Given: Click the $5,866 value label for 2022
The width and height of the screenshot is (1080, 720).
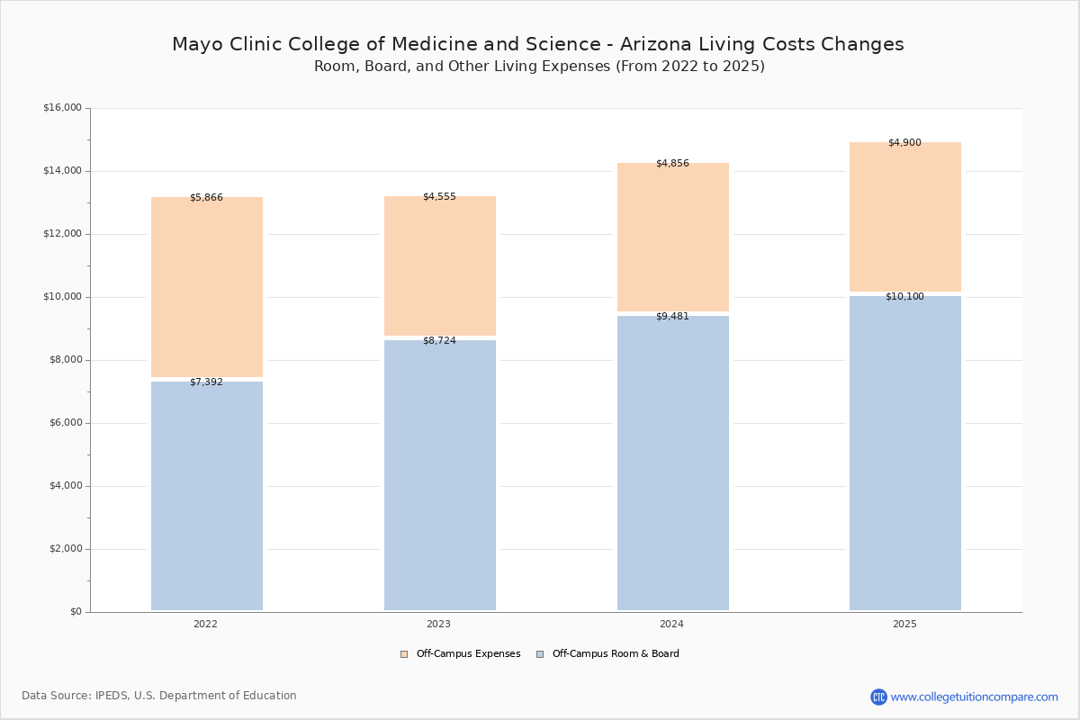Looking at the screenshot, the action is (206, 197).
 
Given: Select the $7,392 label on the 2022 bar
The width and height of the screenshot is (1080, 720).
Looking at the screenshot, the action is (206, 382).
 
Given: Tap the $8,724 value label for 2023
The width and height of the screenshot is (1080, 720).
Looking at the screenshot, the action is (439, 340).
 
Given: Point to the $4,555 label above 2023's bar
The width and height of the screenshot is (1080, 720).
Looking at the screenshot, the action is (439, 196).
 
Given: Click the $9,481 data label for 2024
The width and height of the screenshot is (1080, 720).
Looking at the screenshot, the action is (672, 317).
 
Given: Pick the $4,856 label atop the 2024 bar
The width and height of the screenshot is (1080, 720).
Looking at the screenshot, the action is (672, 163).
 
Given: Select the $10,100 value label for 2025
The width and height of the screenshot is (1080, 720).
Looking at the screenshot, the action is (905, 297).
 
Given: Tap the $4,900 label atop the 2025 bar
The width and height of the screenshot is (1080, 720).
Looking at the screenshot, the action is (905, 142).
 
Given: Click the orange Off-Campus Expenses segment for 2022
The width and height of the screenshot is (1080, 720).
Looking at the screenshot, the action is (207, 287).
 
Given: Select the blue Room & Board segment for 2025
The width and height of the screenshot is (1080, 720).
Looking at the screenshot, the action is (905, 454).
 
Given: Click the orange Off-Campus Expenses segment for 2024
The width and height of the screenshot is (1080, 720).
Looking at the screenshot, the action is (673, 237).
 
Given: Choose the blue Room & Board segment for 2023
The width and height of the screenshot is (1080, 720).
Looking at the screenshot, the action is (440, 475).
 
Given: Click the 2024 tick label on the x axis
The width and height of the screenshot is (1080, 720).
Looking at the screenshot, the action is (671, 624).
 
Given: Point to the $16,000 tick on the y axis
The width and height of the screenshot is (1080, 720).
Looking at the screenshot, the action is (62, 107).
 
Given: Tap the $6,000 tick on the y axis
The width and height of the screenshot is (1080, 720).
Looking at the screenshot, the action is (65, 423).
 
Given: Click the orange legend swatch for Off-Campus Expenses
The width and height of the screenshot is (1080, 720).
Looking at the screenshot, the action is (404, 654).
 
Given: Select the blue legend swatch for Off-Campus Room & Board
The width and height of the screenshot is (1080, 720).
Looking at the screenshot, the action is (540, 654).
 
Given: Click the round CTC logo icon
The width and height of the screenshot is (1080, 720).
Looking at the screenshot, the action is (878, 697).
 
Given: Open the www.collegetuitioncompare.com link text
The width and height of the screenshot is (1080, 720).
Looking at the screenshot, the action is (975, 697).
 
